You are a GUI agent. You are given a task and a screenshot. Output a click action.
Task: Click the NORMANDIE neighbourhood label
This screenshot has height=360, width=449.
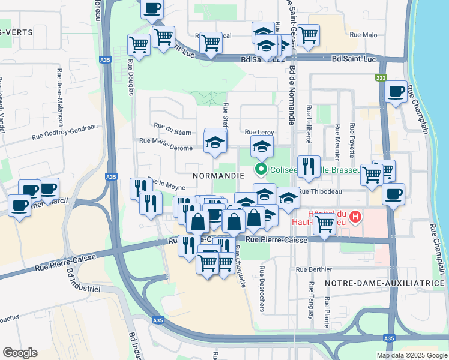[x=218, y=176]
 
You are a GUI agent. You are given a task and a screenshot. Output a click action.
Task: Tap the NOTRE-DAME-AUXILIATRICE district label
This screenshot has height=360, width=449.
[x=384, y=283]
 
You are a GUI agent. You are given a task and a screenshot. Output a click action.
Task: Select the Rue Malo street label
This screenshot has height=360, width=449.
[x=362, y=35]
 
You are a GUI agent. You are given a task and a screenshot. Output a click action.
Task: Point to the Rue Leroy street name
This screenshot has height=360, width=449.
[x=258, y=132]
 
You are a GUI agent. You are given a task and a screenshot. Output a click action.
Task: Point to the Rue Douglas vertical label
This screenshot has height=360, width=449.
[x=130, y=76]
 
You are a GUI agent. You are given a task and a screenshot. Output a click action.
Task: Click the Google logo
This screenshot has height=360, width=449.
[x=20, y=352]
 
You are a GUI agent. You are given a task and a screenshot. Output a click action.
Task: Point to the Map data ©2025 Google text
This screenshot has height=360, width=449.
[x=411, y=355]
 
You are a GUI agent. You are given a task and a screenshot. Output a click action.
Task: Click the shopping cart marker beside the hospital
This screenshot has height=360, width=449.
[x=325, y=224]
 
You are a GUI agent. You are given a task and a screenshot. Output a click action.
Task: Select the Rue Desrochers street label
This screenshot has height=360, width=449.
[x=262, y=289]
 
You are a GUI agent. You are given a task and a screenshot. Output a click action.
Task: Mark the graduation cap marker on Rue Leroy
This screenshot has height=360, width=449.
[x=262, y=146]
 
